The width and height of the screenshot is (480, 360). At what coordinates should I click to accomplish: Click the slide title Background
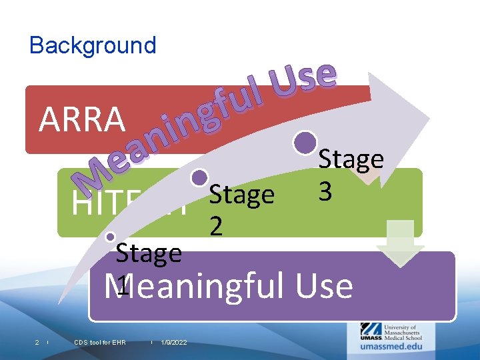click(x=93, y=45)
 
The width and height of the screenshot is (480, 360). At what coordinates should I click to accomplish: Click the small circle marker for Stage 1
click(x=111, y=236)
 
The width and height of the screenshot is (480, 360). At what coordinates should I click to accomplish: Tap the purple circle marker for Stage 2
click(x=199, y=177)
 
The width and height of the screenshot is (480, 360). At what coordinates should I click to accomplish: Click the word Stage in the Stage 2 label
click(x=241, y=195)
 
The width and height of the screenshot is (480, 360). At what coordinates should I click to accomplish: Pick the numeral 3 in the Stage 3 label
click(x=325, y=191)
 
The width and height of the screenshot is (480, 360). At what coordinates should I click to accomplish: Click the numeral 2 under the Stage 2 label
click(x=216, y=227)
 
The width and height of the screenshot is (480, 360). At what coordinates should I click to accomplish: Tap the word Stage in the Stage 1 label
click(x=148, y=253)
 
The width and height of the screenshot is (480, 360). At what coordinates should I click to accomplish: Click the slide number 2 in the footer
click(x=37, y=343)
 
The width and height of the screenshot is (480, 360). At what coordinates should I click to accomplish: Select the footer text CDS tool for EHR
click(x=100, y=343)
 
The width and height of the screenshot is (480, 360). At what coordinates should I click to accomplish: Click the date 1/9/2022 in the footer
click(x=174, y=343)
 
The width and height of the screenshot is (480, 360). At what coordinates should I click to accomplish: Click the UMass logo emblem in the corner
click(x=371, y=330)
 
